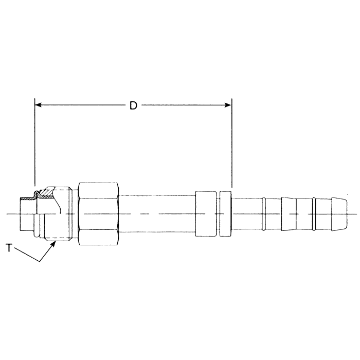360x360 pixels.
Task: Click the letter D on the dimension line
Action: [133, 105]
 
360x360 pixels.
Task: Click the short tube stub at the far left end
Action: [25, 213]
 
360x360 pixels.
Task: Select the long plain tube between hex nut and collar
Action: [157, 213]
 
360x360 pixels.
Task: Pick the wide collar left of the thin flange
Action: [207, 213]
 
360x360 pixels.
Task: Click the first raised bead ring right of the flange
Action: [263, 213]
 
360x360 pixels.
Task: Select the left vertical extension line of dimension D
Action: [34, 144]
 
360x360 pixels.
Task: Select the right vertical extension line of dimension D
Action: [231, 144]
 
